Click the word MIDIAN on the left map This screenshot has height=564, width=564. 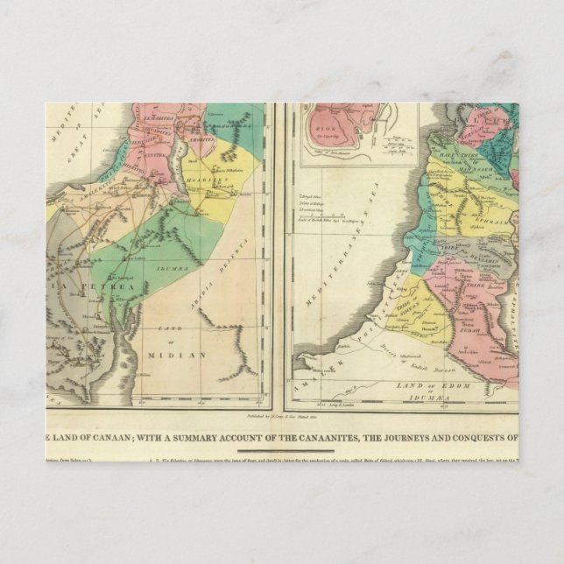pos(180,355)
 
